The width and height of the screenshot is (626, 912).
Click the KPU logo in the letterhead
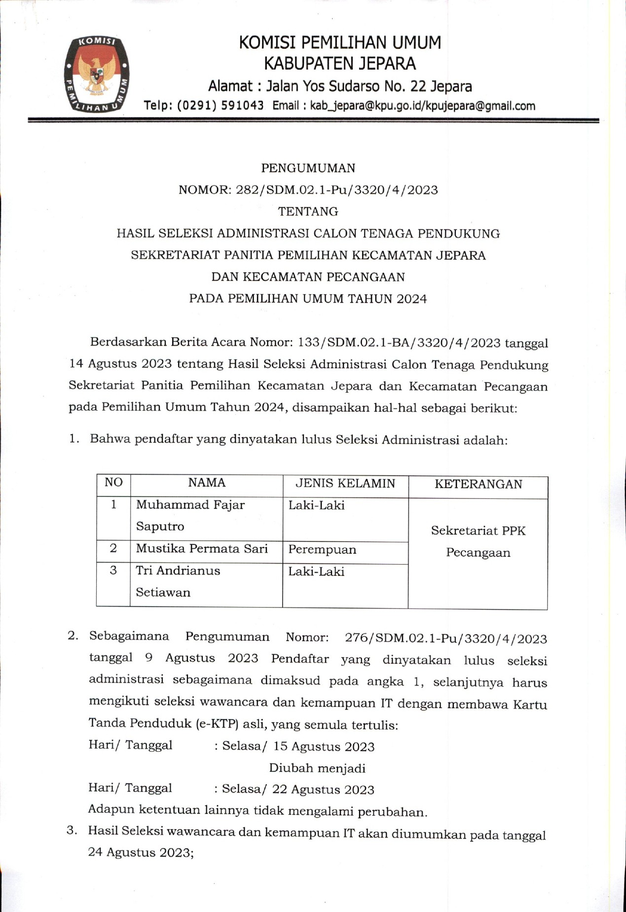click(97, 74)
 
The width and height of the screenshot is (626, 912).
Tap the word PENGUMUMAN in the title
click(308, 168)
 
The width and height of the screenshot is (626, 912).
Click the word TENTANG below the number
click(308, 212)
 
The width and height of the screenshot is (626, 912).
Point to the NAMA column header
click(207, 483)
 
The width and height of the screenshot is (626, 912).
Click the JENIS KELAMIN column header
click(345, 484)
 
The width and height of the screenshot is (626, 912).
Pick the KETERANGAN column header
click(478, 484)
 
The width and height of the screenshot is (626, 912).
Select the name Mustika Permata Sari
click(202, 549)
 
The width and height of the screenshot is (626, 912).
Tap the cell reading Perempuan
click(322, 550)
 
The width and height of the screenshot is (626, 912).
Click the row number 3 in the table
click(113, 570)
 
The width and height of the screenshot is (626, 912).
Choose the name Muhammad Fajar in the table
click(190, 505)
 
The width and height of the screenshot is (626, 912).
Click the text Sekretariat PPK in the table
click(478, 531)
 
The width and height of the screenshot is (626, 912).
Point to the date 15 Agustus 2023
click(324, 747)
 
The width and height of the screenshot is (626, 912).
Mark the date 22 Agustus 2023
click(323, 790)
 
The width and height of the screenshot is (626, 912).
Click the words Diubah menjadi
click(317, 768)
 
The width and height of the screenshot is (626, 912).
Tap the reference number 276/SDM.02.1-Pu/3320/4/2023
click(446, 639)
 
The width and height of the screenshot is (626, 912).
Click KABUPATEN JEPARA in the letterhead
click(340, 64)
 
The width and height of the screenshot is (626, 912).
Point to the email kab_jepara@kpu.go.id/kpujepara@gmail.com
click(422, 106)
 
